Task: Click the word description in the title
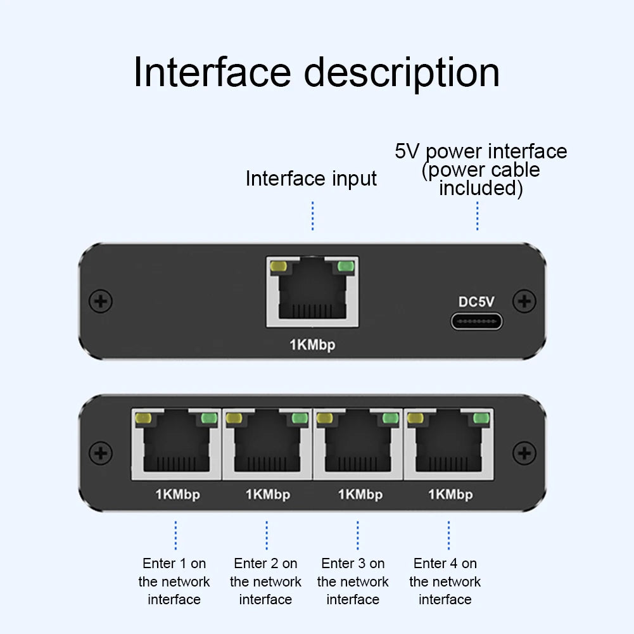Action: click(402, 73)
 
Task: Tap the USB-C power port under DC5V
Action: click(476, 321)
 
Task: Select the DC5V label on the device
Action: click(476, 302)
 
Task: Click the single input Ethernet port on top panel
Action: click(312, 292)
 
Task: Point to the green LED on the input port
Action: click(345, 267)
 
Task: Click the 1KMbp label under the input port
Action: click(312, 345)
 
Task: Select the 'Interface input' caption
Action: click(311, 179)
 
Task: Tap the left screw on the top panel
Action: click(101, 301)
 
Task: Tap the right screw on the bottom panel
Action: click(524, 453)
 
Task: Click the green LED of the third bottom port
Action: click(390, 419)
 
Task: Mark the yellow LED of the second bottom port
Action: click(234, 419)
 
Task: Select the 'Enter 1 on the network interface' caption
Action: click(174, 581)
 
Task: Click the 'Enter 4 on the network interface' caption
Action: click(445, 581)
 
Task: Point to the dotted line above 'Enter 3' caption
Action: click(358, 535)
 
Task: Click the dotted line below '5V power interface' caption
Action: click(477, 217)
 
